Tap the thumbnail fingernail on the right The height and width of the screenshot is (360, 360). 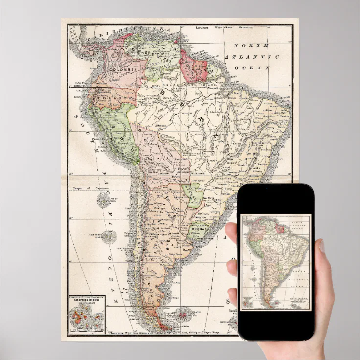tap(322, 246)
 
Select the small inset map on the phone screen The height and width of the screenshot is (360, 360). tap(247, 303)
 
